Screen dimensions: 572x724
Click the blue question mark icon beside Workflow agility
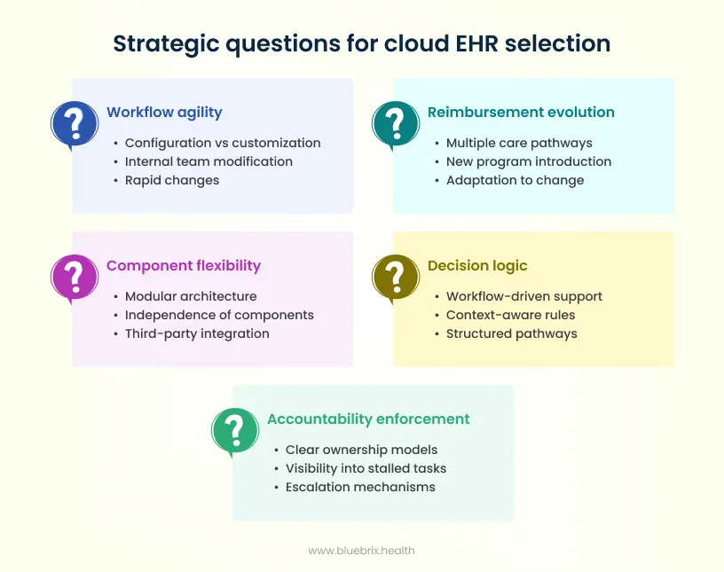pyautogui.click(x=75, y=123)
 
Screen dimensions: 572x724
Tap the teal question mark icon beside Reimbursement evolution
pyautogui.click(x=396, y=123)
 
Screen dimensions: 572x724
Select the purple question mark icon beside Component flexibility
pyautogui.click(x=75, y=277)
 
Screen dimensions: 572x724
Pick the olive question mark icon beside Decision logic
pyautogui.click(x=396, y=277)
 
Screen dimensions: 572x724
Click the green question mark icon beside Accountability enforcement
pyautogui.click(x=235, y=430)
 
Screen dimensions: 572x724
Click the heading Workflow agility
pyautogui.click(x=164, y=113)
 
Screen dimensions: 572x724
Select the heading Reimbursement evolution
pyautogui.click(x=521, y=113)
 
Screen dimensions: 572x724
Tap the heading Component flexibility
pyautogui.click(x=184, y=266)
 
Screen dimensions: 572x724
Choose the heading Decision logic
pyautogui.click(x=477, y=266)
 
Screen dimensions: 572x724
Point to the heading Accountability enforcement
pyautogui.click(x=368, y=419)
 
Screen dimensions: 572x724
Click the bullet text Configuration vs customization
pyautogui.click(x=223, y=143)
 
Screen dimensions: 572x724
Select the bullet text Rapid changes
pyautogui.click(x=172, y=180)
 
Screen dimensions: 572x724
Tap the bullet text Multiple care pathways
pyautogui.click(x=519, y=143)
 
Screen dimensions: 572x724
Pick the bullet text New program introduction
pyautogui.click(x=529, y=161)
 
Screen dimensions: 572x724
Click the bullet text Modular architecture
pyautogui.click(x=191, y=296)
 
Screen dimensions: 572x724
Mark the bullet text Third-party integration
pyautogui.click(x=197, y=333)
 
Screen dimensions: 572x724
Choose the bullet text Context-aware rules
pyautogui.click(x=510, y=315)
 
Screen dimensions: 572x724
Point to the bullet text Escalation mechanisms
pyautogui.click(x=360, y=487)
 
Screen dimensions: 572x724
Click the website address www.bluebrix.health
pyautogui.click(x=361, y=551)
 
